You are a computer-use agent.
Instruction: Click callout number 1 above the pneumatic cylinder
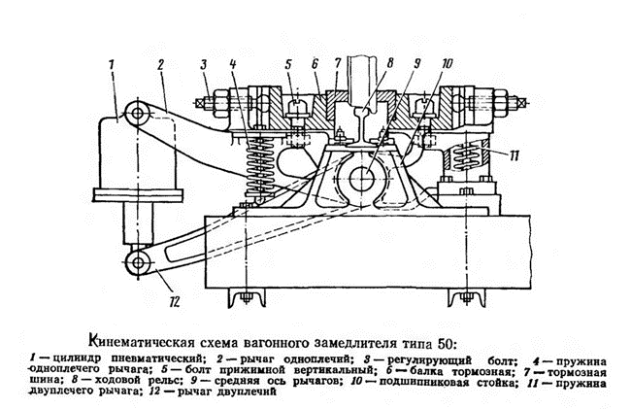click(112, 64)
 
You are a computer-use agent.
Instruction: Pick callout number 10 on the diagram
click(419, 64)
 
